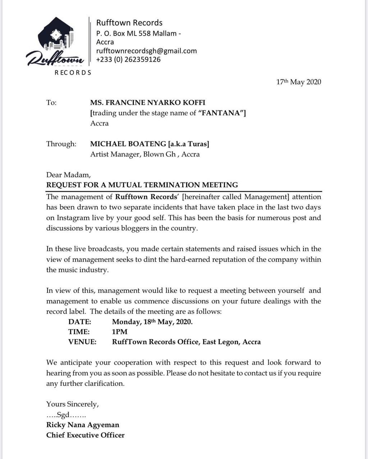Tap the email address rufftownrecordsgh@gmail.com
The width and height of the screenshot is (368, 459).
[146, 51]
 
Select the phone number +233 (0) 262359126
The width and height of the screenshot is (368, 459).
[128, 60]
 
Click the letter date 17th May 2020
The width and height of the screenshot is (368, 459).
[298, 82]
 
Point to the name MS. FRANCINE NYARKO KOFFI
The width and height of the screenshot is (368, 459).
[148, 103]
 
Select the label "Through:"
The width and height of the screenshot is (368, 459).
[61, 144]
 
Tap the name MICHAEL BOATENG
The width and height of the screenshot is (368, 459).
[128, 144]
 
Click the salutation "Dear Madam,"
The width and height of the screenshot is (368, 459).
[68, 175]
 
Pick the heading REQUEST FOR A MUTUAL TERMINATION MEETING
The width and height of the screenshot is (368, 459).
[142, 185]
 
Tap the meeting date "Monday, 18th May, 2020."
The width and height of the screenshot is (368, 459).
[152, 322]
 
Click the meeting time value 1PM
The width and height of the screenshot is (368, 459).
[120, 332]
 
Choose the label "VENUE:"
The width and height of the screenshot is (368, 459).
[82, 342]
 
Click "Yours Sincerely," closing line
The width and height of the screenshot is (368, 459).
[72, 404]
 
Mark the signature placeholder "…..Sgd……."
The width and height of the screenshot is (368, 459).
[66, 415]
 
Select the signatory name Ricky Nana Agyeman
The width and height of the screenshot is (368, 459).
[83, 425]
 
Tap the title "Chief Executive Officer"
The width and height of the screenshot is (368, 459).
[85, 435]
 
